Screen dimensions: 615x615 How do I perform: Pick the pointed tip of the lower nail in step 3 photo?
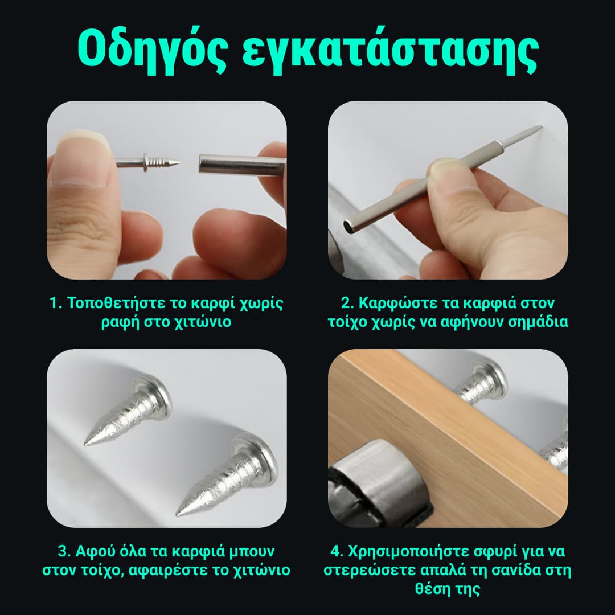click(x=179, y=512)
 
